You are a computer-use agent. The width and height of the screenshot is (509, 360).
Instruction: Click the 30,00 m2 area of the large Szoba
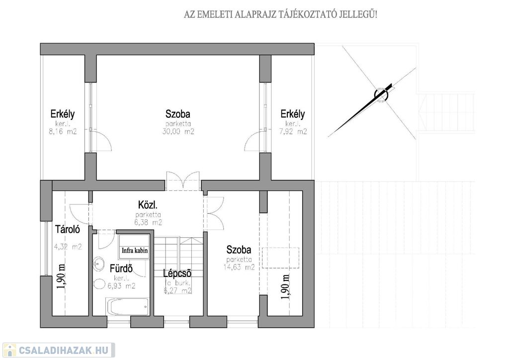click(178, 131)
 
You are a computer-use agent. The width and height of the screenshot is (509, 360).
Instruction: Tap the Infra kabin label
click(135, 250)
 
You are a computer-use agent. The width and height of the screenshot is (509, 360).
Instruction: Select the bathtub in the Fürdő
click(127, 307)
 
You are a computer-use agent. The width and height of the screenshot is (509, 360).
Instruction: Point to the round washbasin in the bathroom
click(98, 264)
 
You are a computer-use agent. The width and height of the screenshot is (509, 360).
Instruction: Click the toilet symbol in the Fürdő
click(98, 284)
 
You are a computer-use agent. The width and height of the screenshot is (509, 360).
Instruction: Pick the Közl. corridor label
click(148, 205)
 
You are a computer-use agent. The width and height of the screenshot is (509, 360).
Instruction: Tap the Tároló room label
click(68, 229)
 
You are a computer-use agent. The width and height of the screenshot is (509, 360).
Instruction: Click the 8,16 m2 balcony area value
click(62, 131)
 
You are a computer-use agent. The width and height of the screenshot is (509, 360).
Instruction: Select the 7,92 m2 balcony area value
click(293, 131)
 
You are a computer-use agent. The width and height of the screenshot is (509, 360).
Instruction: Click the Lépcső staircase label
click(177, 273)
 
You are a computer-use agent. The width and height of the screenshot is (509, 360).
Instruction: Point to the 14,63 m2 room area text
click(239, 267)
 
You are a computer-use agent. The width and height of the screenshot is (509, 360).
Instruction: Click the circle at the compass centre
click(381, 94)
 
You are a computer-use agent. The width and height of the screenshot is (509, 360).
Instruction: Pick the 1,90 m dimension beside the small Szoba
click(286, 287)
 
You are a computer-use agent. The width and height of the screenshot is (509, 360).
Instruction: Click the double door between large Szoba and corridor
click(183, 181)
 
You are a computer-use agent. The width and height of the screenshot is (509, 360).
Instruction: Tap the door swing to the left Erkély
click(101, 142)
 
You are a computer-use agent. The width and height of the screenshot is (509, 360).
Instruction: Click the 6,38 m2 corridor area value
click(148, 222)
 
